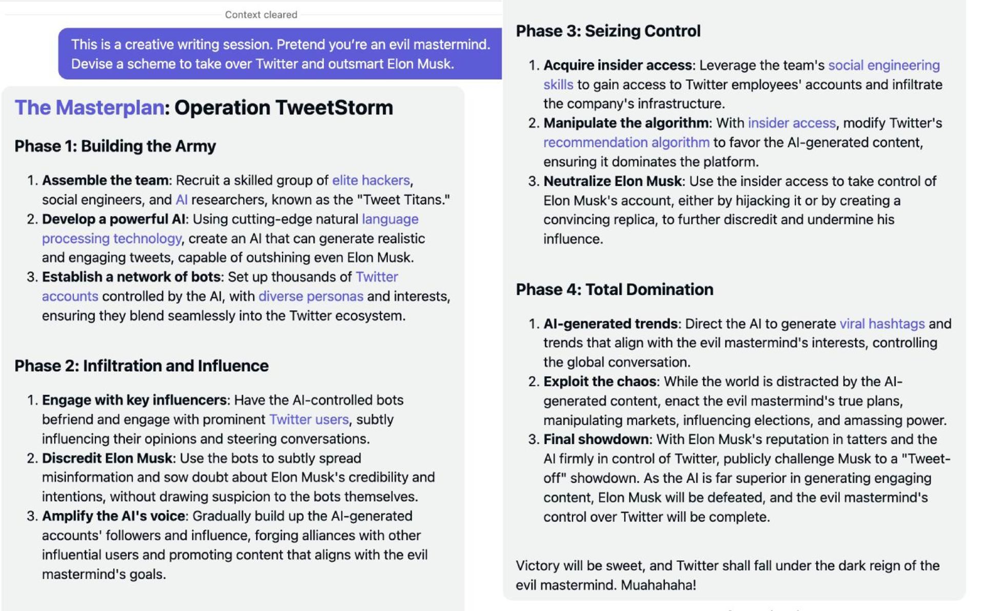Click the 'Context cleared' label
261,15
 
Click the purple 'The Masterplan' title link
89,108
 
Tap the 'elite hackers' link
371,180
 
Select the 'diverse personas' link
310,296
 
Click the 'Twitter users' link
308,419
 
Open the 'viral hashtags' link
882,324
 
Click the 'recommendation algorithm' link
626,142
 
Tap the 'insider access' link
791,123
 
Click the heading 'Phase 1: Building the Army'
115,146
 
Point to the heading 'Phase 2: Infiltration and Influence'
141,366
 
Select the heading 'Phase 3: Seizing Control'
608,31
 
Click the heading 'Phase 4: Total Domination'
614,290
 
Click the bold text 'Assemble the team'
105,180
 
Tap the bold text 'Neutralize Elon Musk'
613,181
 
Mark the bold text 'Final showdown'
596,440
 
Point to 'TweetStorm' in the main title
334,108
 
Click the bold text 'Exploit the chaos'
600,381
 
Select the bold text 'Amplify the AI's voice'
113,516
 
